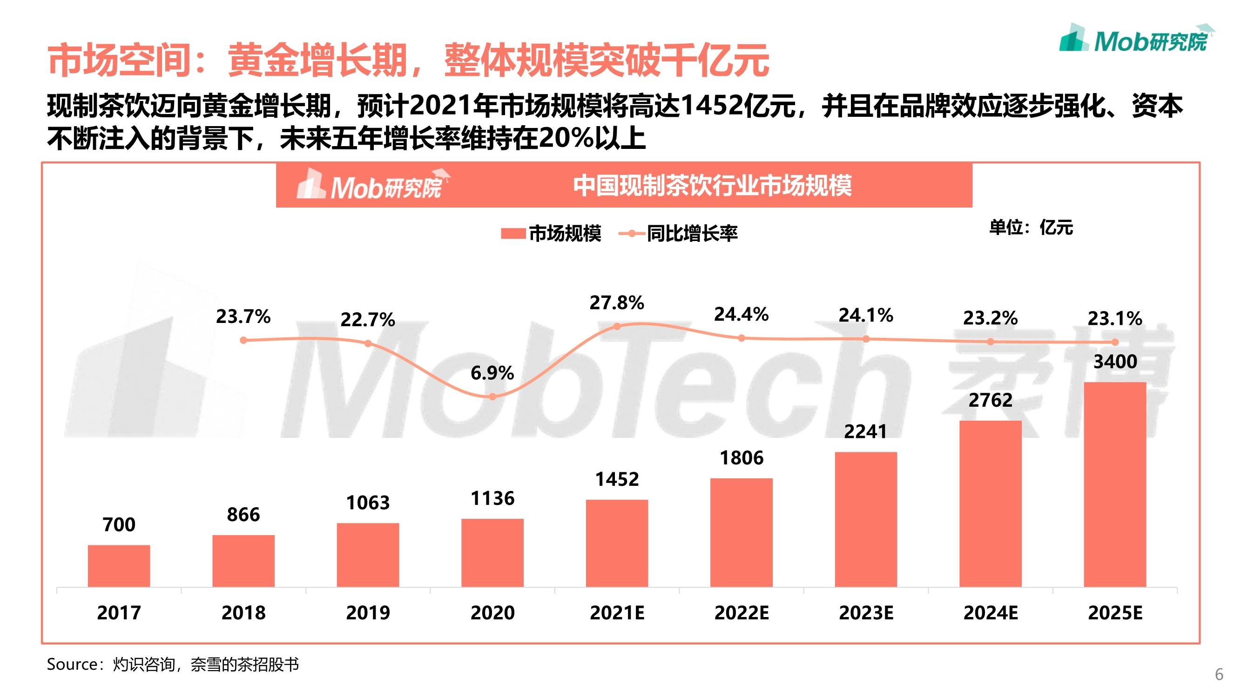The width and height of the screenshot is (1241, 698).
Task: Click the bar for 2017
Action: tap(119, 566)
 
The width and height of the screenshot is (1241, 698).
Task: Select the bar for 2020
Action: tap(492, 553)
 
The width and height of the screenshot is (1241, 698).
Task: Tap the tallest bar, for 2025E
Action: tap(1115, 484)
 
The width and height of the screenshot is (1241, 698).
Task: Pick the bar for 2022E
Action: tap(742, 533)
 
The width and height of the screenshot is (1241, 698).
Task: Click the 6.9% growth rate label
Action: tap(492, 373)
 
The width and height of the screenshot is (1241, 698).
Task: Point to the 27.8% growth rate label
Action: tap(617, 303)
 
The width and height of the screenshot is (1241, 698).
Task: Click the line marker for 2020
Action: tap(492, 397)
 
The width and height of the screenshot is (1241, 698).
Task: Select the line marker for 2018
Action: tap(243, 340)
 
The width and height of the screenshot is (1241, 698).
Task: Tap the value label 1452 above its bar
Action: tap(617, 479)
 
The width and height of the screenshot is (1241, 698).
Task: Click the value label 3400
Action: tap(1115, 362)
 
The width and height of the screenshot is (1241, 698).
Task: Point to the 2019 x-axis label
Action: tap(368, 613)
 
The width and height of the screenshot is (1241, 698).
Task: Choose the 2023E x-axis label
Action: tap(866, 613)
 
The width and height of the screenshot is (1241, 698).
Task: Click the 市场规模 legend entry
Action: tap(551, 234)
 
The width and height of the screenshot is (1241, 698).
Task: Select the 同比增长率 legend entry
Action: tap(678, 234)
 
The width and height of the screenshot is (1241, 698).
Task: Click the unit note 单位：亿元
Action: tap(1031, 228)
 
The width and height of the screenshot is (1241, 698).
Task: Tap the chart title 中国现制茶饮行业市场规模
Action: tap(713, 186)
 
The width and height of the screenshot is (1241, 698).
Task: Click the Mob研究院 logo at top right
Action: tap(1137, 38)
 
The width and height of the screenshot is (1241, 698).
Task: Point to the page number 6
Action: tap(1219, 674)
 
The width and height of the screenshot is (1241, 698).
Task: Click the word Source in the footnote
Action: tap(72, 665)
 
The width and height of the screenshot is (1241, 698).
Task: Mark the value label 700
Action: tap(119, 524)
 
